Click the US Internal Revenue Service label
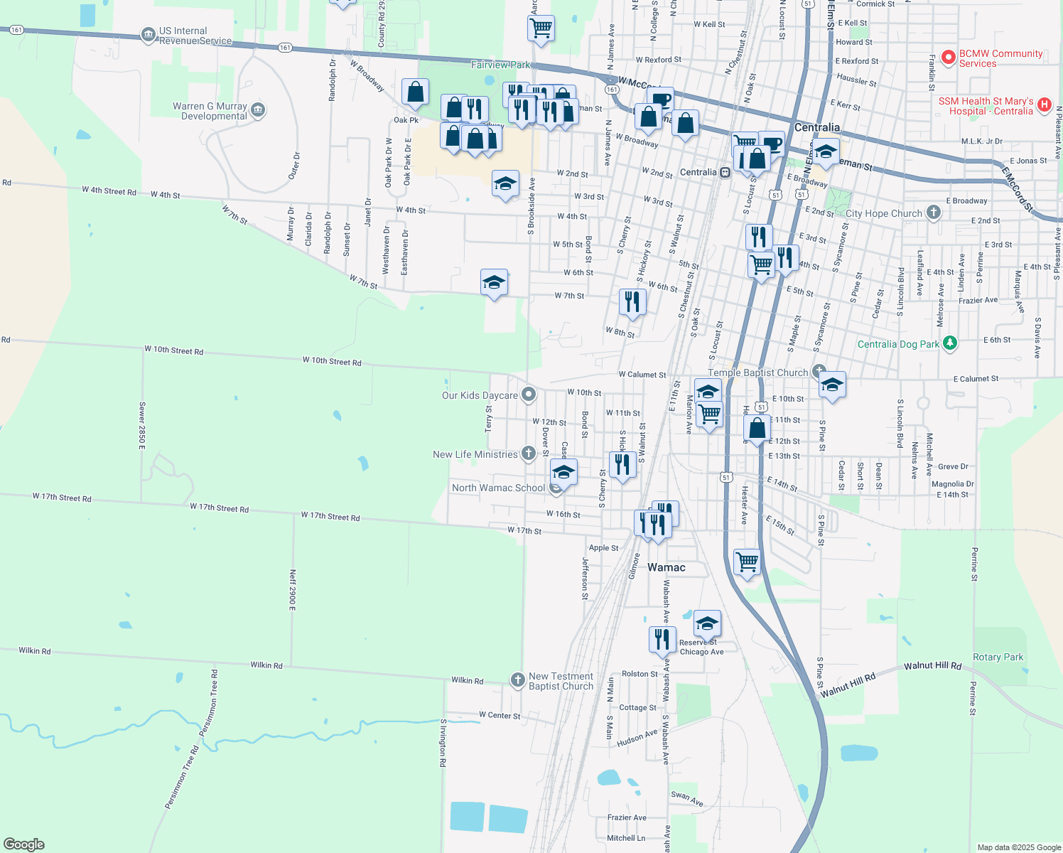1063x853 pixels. tap(188, 36)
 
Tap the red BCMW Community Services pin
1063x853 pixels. tap(948, 58)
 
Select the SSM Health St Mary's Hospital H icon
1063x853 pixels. tap(1044, 105)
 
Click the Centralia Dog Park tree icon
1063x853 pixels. tap(950, 344)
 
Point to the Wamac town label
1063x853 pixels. tap(667, 567)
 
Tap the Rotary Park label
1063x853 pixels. tap(998, 657)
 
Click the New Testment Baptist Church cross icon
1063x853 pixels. tap(518, 680)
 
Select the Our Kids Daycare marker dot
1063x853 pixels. tap(528, 395)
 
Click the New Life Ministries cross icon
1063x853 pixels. tap(528, 454)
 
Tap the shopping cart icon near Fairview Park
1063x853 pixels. tap(541, 28)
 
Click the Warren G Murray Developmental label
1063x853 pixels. tap(210, 111)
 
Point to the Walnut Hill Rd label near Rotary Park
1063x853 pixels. tap(932, 666)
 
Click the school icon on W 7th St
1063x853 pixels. tap(494, 283)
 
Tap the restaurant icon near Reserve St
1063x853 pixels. tap(662, 638)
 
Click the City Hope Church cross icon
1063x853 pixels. tap(934, 212)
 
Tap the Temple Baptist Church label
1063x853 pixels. tap(757, 372)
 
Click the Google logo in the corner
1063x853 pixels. tap(23, 844)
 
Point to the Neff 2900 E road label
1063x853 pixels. tap(292, 589)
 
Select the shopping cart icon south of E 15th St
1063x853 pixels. tap(747, 562)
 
